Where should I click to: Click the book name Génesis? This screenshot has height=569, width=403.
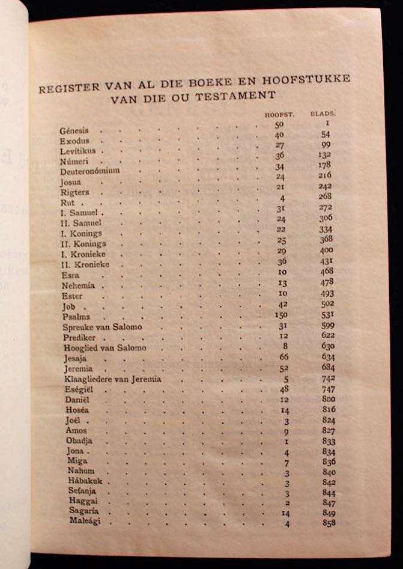tap(74, 130)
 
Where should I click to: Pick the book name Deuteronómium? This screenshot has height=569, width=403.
tap(90, 170)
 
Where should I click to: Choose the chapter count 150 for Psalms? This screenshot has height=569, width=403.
tap(279, 317)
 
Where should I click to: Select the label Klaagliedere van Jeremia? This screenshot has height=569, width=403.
tap(112, 379)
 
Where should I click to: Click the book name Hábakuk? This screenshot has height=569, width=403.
tap(88, 481)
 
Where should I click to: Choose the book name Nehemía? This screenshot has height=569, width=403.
tap(78, 285)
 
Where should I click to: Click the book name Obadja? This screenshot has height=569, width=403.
tap(79, 440)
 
